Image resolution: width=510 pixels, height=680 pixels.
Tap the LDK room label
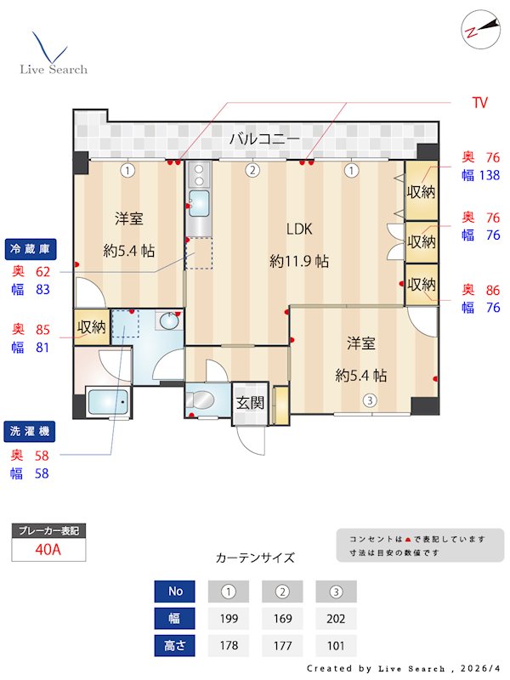click(x=299, y=229)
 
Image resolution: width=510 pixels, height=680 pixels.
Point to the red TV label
click(x=480, y=103)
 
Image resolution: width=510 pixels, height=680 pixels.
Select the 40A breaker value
click(x=48, y=549)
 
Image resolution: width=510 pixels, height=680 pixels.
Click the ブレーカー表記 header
click(x=48, y=530)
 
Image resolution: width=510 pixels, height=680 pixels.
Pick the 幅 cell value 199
click(x=228, y=618)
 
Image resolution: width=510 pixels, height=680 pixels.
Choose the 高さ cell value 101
click(x=336, y=645)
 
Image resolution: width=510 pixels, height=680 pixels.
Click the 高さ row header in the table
click(x=174, y=645)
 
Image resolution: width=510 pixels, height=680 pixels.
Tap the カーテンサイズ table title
click(x=255, y=558)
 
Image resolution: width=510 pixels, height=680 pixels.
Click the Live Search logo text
click(x=54, y=69)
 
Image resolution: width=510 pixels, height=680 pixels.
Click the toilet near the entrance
click(x=205, y=399)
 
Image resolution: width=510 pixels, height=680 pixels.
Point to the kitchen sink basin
click(x=199, y=203)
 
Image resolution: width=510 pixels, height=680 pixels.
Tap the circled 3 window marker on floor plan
click(x=370, y=400)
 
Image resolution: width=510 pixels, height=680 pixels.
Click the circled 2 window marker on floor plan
click(x=252, y=170)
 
